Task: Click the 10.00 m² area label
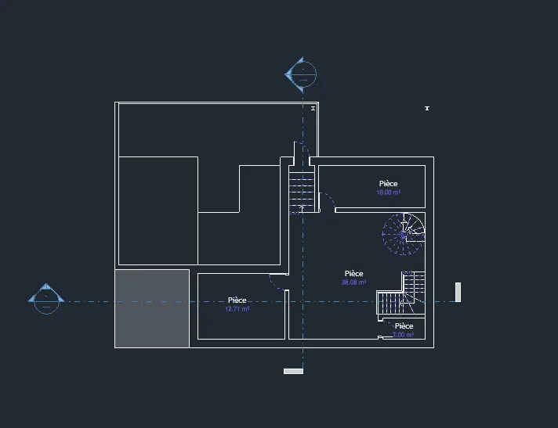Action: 388,192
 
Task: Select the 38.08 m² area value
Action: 353,282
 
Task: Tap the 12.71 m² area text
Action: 237,309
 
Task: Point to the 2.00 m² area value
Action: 403,335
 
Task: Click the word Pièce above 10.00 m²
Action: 389,184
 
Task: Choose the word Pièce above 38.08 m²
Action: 353,274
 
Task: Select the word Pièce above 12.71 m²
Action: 237,300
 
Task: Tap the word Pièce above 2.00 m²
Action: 404,326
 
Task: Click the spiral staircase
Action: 403,234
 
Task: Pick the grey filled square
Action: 153,308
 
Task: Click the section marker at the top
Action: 301,74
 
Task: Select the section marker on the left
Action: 45,298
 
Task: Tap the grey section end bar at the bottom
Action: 293,371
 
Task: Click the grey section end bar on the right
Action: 458,292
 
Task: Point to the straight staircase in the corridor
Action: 302,189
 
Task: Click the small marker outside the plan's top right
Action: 427,108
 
